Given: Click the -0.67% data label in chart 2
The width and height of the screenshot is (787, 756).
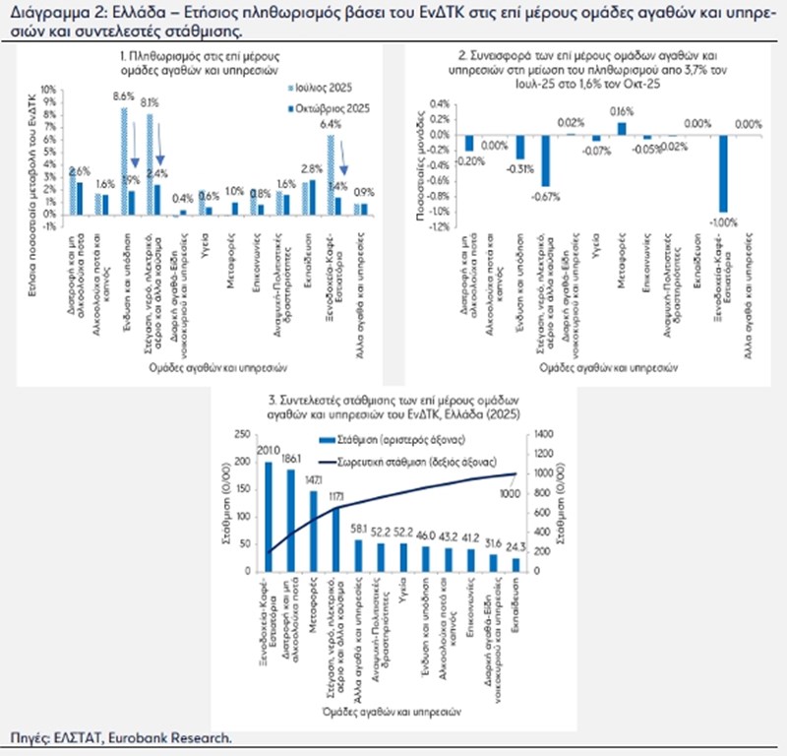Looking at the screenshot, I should (x=544, y=193).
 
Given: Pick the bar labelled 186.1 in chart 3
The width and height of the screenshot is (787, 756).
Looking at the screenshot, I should (x=290, y=519).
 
